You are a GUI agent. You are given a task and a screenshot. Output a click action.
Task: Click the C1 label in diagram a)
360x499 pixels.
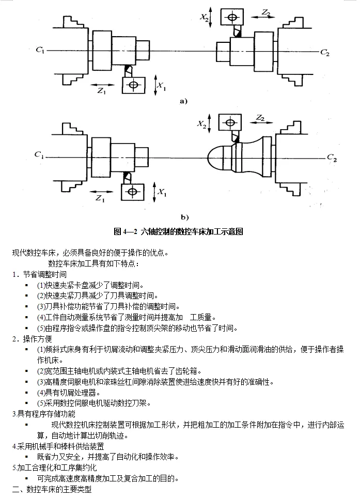pyautogui.click(x=40, y=50)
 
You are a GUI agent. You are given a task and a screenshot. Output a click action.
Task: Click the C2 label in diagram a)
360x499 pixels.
pyautogui.click(x=324, y=52)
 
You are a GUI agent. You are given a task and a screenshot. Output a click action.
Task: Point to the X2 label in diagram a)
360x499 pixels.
pyautogui.click(x=205, y=18)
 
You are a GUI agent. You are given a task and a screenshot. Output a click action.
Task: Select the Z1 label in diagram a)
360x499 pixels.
pyautogui.click(x=101, y=90)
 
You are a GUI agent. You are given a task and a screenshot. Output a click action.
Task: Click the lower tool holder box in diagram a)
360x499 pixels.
pyautogui.click(x=134, y=84)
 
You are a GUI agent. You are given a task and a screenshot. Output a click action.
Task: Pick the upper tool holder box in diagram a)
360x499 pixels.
pyautogui.click(x=233, y=17)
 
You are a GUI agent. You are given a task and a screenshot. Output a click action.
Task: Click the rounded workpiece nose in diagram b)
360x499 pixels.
pyautogui.click(x=217, y=158)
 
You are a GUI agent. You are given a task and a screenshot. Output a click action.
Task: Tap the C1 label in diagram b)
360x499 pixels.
pyautogui.click(x=39, y=154)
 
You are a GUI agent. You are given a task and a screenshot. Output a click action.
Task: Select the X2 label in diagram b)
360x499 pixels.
pyautogui.click(x=202, y=124)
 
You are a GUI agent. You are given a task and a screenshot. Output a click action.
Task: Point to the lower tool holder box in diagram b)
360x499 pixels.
pyautogui.click(x=133, y=192)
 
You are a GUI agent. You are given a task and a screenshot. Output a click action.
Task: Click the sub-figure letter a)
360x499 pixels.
pyautogui.click(x=183, y=101)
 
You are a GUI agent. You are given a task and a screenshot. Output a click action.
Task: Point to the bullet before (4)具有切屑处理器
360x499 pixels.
pyautogui.click(x=26, y=393)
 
